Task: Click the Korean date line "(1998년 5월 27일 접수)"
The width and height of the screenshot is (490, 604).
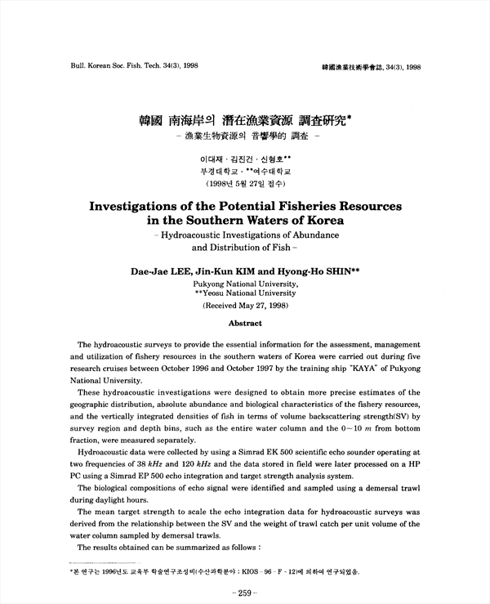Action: (x=244, y=184)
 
